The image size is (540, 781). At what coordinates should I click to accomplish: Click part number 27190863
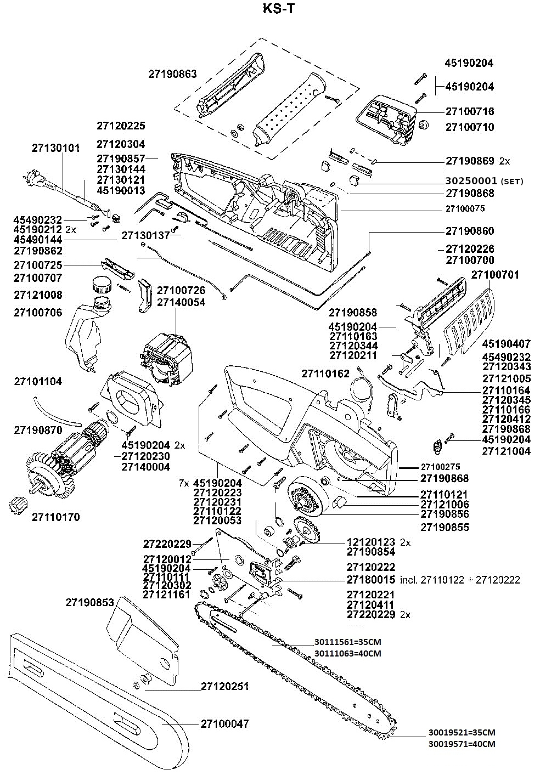coord(172,73)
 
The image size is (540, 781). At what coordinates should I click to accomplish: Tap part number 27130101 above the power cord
coord(55,148)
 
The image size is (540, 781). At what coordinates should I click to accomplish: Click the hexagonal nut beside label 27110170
coord(19,505)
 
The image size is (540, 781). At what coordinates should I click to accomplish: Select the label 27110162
coord(325,373)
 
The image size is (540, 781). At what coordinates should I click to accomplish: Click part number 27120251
coord(225,686)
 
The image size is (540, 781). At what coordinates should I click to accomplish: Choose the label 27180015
coord(371,580)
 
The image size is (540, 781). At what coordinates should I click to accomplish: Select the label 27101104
coord(38,381)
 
